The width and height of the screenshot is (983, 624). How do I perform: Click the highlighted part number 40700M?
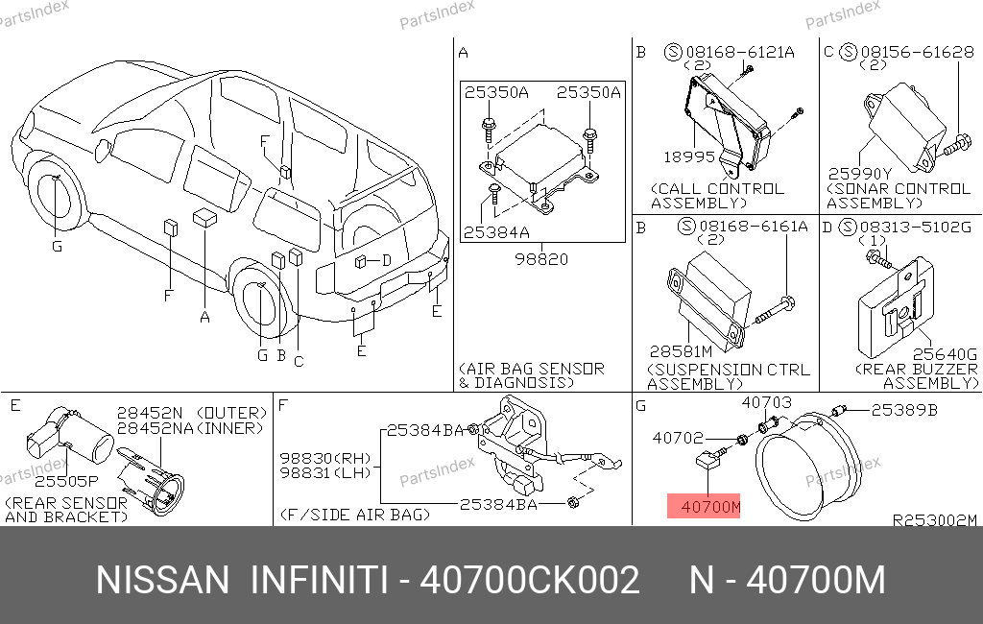(710, 506)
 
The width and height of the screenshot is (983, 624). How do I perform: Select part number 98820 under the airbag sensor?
(541, 259)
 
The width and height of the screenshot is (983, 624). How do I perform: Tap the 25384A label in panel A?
(496, 232)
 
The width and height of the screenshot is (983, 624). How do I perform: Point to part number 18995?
(689, 156)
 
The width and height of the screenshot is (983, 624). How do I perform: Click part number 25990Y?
(859, 173)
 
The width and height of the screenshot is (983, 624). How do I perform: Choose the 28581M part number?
(681, 351)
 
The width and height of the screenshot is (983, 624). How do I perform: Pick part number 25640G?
(945, 354)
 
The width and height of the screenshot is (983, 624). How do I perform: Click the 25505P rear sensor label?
(66, 481)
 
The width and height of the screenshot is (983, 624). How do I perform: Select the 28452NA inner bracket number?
(156, 428)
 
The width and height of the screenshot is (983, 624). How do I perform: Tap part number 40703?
(766, 402)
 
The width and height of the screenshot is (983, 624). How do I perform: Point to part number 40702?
(678, 438)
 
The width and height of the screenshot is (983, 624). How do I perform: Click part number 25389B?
(904, 410)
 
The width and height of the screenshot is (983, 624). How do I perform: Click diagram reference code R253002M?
(934, 520)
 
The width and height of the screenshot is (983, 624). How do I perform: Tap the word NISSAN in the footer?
(163, 580)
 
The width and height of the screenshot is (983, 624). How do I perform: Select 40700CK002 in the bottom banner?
(530, 580)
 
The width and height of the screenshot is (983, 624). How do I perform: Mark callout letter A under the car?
(204, 318)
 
